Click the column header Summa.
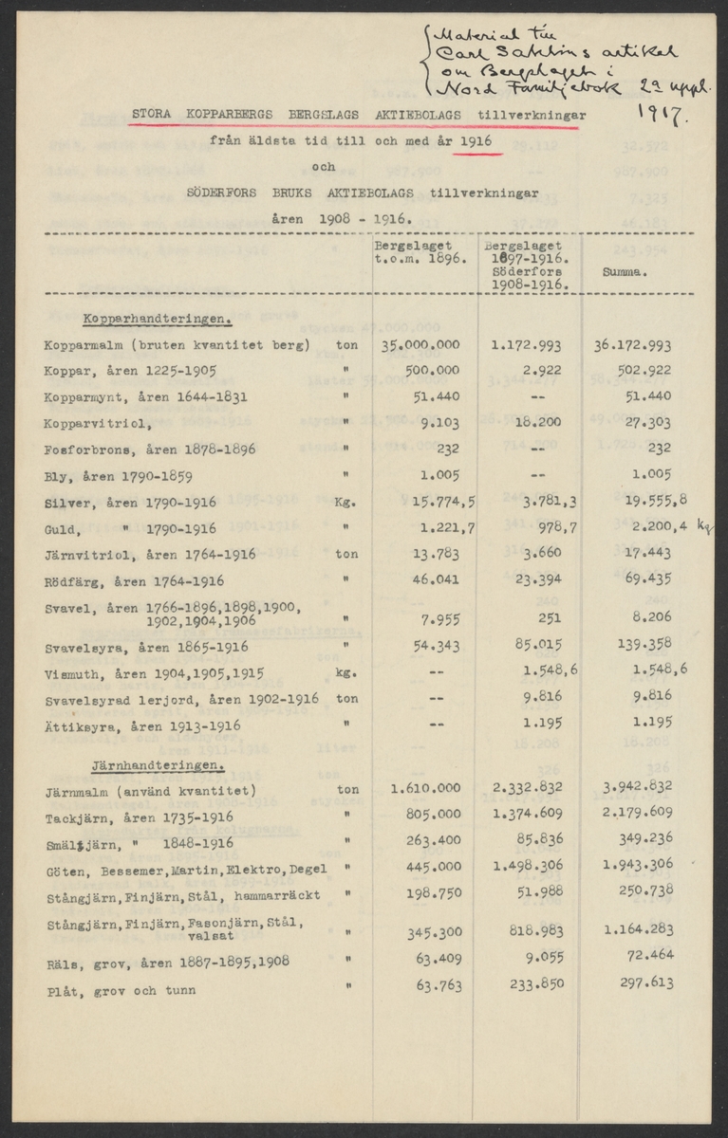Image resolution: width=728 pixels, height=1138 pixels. click(x=625, y=271)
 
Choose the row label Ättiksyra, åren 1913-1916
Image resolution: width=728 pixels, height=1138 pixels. click(x=141, y=725)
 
